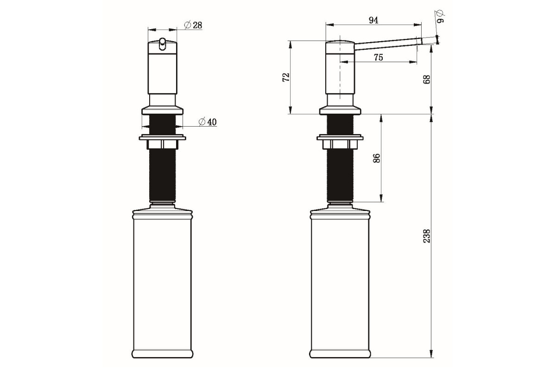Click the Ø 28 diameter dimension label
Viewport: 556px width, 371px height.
(193, 25)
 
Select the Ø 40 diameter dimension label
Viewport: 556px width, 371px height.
(208, 122)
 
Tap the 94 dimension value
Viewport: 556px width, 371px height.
(373, 20)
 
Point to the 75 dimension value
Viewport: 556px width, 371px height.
(378, 58)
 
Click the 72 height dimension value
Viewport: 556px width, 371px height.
(286, 77)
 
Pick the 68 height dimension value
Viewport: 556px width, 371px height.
(427, 79)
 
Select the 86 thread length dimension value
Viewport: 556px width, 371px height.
(377, 158)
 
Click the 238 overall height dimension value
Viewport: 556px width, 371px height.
(427, 236)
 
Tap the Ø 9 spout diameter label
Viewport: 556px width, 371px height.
(439, 16)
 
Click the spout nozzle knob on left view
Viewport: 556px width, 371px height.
(162, 44)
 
